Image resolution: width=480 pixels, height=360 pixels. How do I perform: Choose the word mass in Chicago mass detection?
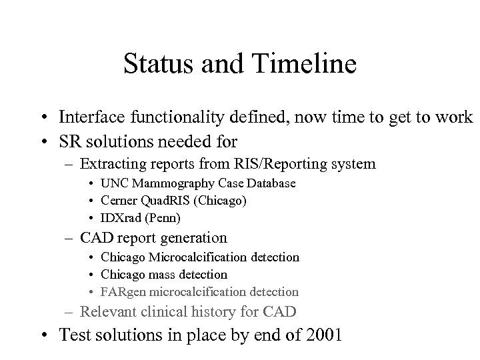coord(163,274)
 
